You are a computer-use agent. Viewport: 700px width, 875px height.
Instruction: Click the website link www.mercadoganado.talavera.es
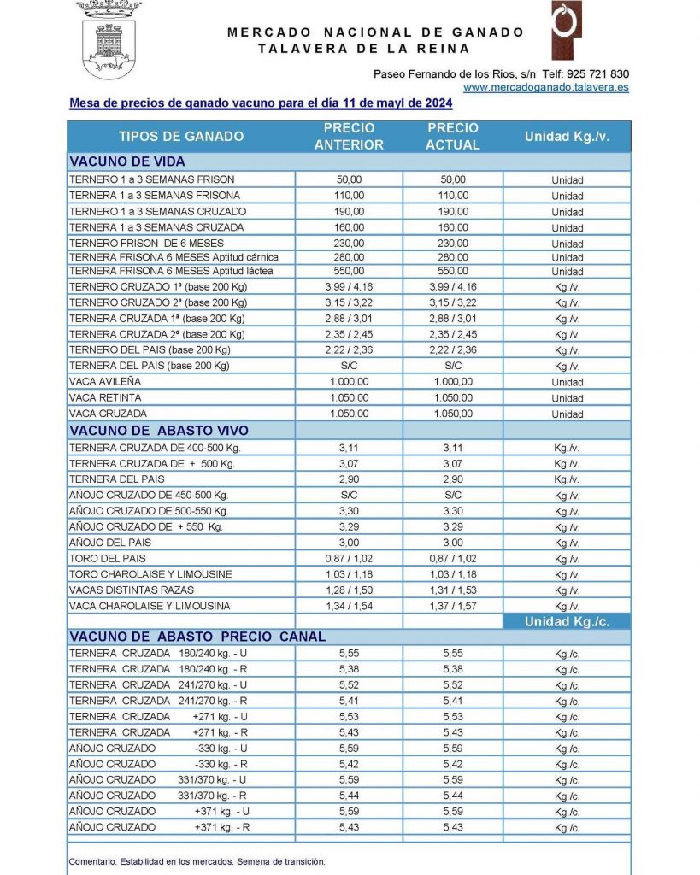tap(546, 87)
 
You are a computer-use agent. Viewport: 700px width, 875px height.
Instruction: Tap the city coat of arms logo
tap(109, 38)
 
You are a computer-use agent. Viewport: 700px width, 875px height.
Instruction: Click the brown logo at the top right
tap(566, 31)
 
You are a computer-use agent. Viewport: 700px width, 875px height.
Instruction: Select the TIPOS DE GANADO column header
tap(181, 137)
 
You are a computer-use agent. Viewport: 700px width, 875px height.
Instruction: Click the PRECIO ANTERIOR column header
tap(349, 137)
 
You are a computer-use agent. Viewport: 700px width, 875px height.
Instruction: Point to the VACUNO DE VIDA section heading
tap(127, 161)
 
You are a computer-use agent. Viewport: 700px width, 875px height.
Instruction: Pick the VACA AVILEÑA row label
tap(105, 382)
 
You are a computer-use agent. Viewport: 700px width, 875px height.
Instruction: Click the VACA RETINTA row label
tap(105, 398)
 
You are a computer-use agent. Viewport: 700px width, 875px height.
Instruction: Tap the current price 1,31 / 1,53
tap(453, 590)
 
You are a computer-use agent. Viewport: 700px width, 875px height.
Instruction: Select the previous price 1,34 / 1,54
tap(349, 607)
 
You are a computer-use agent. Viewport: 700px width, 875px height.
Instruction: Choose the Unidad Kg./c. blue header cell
tap(567, 621)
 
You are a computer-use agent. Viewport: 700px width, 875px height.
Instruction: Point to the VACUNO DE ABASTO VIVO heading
tap(159, 431)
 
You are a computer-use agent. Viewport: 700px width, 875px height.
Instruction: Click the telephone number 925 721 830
tap(595, 73)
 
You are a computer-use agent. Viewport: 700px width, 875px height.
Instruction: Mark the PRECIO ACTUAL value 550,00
tap(453, 271)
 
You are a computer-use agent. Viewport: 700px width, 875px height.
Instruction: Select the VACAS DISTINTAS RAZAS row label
tap(132, 590)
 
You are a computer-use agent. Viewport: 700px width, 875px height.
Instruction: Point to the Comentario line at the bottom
tap(197, 861)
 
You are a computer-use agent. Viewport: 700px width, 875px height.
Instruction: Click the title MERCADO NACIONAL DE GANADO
tap(376, 32)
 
